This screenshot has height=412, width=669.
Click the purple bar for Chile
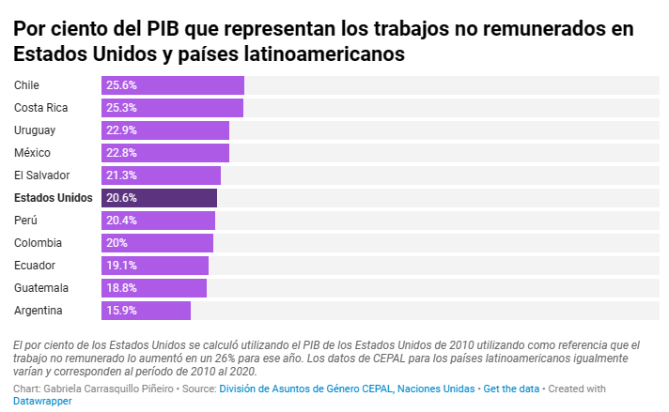(173, 85)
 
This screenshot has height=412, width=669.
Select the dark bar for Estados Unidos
(159, 198)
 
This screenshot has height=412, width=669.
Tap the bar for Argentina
(146, 311)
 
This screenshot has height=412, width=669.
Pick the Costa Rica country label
(41, 108)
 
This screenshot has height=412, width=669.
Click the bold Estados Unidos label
(54, 198)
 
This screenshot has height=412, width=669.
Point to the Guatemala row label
(41, 288)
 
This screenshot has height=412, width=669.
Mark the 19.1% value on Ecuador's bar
(121, 266)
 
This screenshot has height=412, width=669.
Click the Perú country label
(26, 221)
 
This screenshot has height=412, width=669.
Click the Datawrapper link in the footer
(43, 401)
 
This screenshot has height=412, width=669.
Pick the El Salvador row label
(42, 175)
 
